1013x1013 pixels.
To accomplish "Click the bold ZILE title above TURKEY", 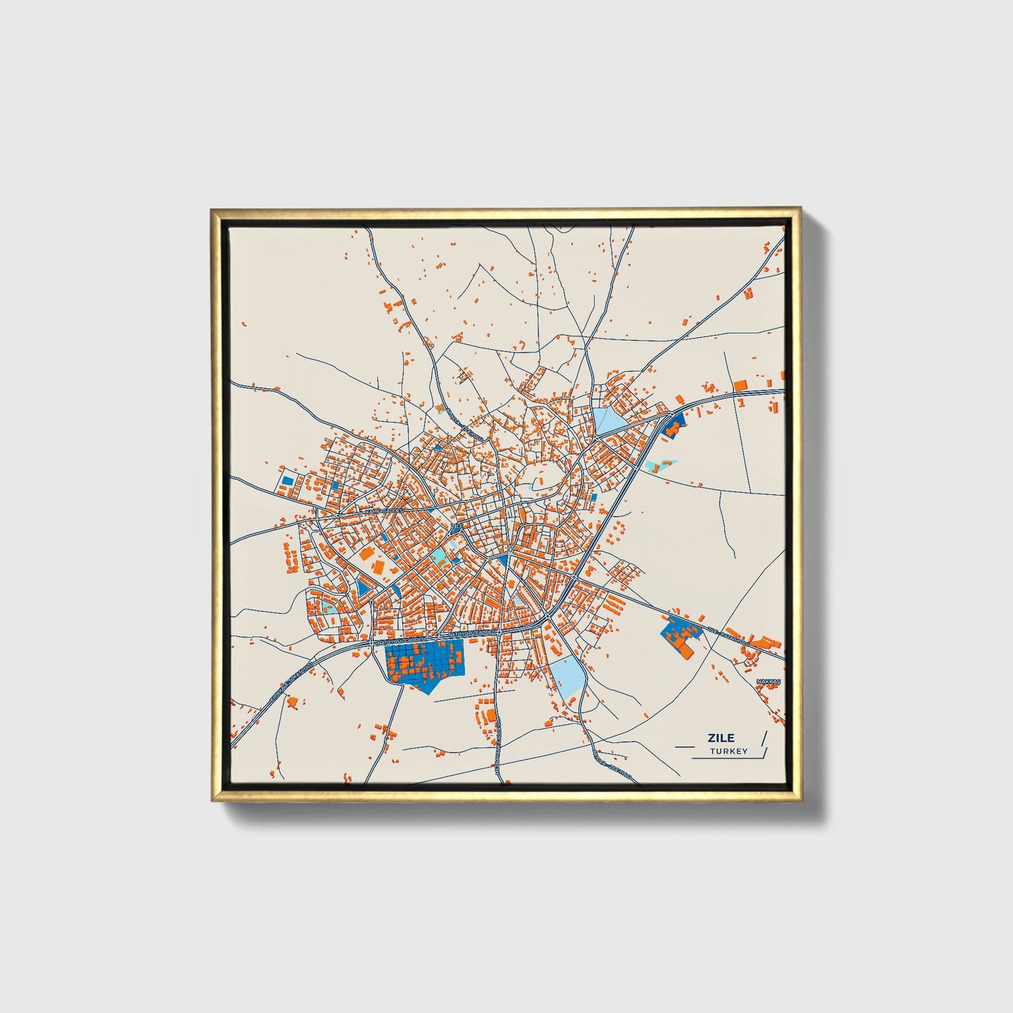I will click(x=721, y=737).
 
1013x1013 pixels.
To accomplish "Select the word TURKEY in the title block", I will click(x=728, y=752).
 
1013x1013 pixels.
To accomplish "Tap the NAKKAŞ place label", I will click(x=768, y=681).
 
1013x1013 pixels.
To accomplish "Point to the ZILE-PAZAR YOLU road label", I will click(x=728, y=636).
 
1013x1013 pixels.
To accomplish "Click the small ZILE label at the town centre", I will click(x=457, y=525).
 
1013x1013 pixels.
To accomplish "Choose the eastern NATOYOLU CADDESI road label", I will click(x=470, y=632).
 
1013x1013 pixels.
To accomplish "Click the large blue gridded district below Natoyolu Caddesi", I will click(x=424, y=662).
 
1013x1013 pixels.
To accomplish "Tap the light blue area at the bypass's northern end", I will click(x=607, y=421).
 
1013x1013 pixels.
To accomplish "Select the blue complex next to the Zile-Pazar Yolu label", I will click(x=679, y=635).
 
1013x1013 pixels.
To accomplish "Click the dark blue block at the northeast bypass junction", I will click(x=674, y=423).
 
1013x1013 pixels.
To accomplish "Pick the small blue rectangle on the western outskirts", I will click(x=287, y=482).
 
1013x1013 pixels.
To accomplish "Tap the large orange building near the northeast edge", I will click(x=740, y=384).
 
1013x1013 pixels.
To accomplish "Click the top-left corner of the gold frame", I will click(x=212, y=209).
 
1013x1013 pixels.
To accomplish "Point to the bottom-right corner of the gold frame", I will click(x=800, y=801).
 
